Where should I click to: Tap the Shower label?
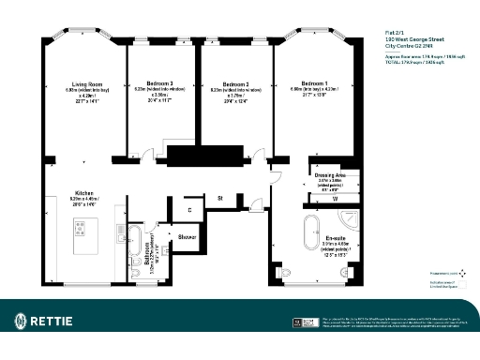tap(187, 237)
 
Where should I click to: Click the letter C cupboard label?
tap(188, 210)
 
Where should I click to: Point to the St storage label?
tap(219, 198)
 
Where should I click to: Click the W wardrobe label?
tap(335, 200)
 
